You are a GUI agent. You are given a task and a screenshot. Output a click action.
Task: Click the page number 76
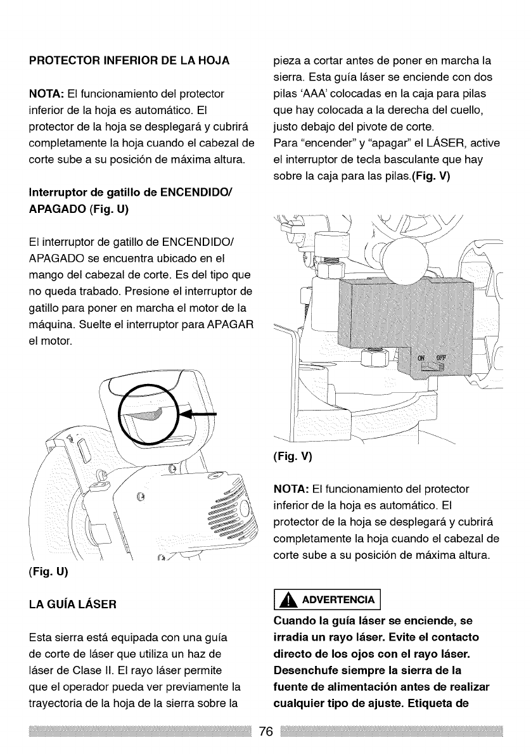tap(265, 732)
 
